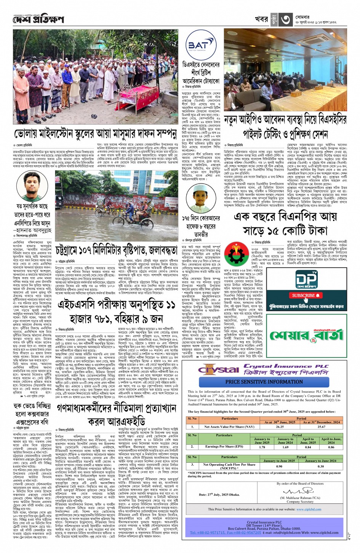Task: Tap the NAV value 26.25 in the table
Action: coord(280,427)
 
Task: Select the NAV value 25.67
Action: coord(321,427)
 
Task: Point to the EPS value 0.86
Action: coord(331,447)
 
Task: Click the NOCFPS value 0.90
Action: coord(279,466)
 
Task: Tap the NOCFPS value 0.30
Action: coord(321,466)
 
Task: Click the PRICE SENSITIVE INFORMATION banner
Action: coord(264,382)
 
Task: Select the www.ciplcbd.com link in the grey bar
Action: coord(309,509)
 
